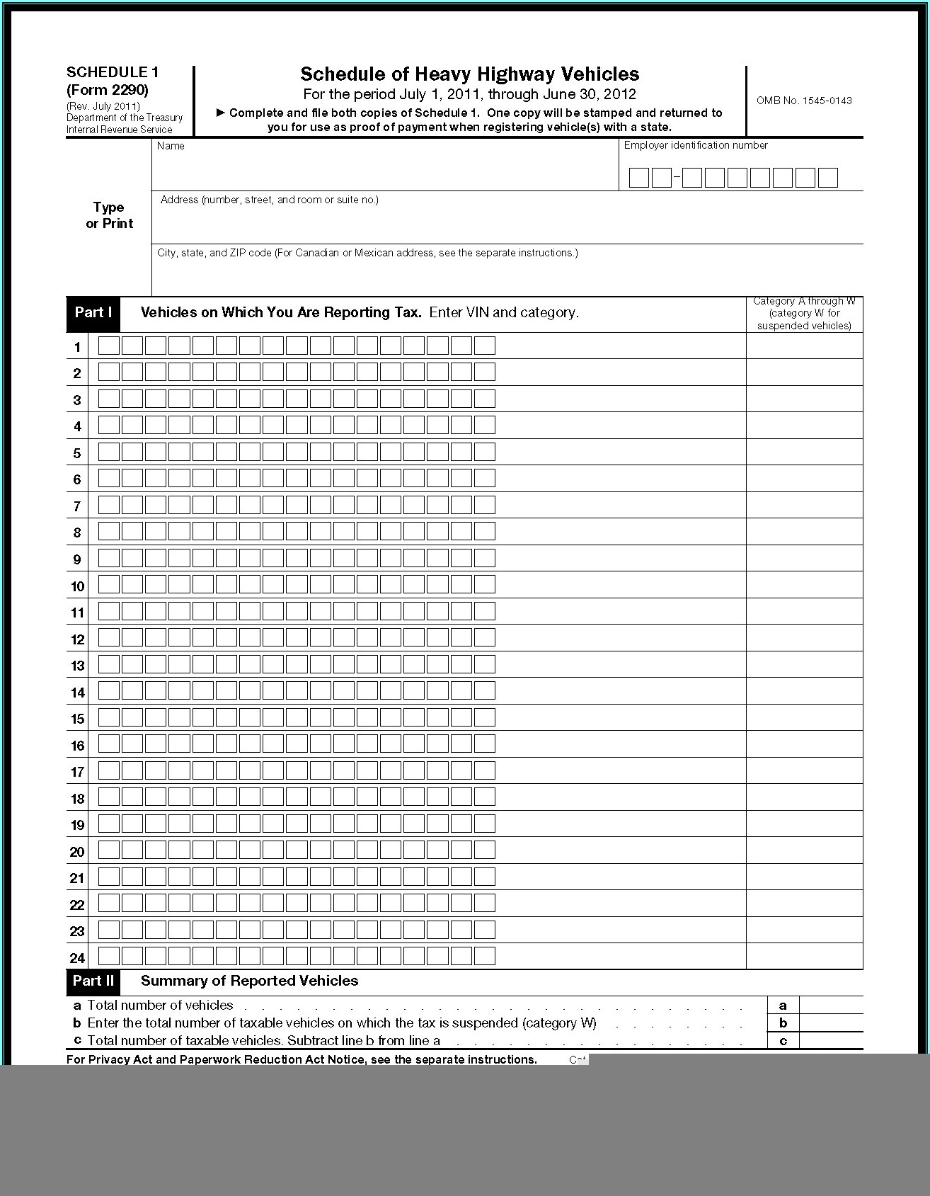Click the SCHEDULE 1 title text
(113, 72)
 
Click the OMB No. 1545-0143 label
(804, 101)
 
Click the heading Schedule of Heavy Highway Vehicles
(469, 74)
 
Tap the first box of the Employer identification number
(638, 178)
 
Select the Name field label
(171, 146)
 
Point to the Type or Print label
(109, 215)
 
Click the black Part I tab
(93, 313)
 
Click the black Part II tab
(93, 981)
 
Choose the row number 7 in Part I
(77, 506)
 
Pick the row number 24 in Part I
(77, 958)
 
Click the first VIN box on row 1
(109, 346)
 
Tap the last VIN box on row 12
(485, 638)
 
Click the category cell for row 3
(804, 399)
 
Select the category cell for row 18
(804, 798)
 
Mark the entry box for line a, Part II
(831, 1006)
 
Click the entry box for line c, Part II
(831, 1041)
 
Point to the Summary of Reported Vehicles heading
(249, 981)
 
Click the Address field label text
(269, 200)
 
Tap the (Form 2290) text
(108, 90)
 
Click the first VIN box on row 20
(109, 850)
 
